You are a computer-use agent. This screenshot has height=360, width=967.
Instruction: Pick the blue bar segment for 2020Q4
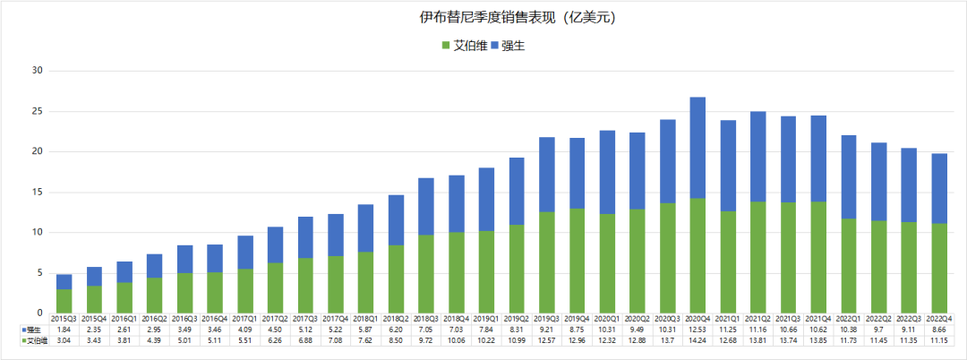click(696, 148)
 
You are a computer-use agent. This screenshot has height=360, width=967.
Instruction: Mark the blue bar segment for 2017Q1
click(244, 253)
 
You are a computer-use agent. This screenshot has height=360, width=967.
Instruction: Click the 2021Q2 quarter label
click(757, 319)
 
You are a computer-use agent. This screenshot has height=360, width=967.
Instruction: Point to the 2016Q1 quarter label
click(124, 319)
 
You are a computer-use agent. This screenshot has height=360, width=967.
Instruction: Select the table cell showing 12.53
click(697, 330)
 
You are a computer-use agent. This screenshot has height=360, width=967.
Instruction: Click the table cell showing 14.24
click(697, 340)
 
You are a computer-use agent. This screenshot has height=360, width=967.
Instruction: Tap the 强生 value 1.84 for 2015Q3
click(64, 330)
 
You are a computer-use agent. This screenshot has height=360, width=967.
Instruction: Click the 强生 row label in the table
click(34, 330)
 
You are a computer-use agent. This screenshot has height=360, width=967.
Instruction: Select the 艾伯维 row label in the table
click(34, 340)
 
